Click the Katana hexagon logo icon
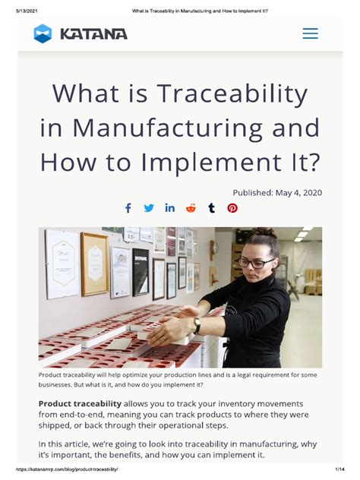[x=43, y=33]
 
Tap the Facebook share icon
[x=128, y=208]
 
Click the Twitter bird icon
[x=149, y=208]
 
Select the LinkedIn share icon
[x=169, y=208]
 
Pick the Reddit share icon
[x=191, y=208]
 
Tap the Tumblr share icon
[x=211, y=208]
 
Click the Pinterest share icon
[x=232, y=208]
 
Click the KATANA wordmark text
[x=94, y=33]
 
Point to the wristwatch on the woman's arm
[x=197, y=325]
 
